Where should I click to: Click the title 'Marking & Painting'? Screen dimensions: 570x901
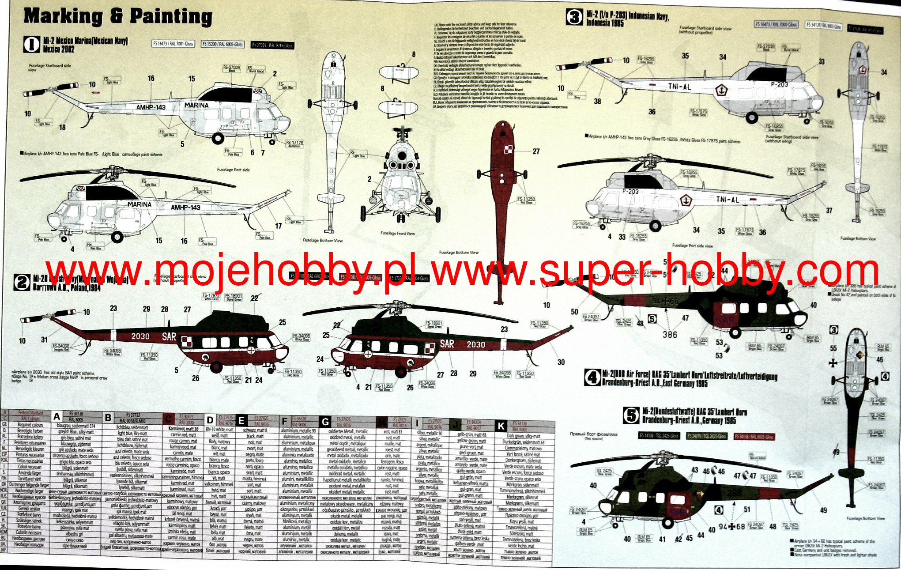(x=118, y=17)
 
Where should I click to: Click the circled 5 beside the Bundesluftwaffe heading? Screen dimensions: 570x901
(x=631, y=415)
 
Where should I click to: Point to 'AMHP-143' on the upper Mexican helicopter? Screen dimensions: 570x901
(x=151, y=107)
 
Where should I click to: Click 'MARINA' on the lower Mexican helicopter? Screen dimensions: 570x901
(x=139, y=204)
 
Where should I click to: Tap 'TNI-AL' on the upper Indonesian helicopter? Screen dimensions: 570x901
(x=679, y=87)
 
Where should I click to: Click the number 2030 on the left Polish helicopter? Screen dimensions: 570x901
(x=140, y=336)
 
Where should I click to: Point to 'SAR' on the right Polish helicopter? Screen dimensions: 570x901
(x=447, y=344)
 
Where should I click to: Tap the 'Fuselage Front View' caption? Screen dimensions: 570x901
(x=398, y=234)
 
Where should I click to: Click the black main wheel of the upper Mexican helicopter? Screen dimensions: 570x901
(x=217, y=138)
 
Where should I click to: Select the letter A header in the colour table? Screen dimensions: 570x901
(x=57, y=416)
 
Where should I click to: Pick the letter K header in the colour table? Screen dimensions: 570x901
(x=501, y=426)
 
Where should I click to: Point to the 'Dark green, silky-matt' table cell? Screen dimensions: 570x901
(x=524, y=436)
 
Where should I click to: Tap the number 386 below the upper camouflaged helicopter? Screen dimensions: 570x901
(x=670, y=335)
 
